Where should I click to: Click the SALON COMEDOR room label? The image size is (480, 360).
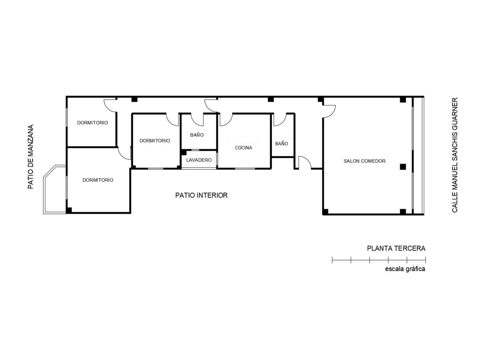tap(364, 161)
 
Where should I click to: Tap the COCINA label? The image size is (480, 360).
tap(243, 148)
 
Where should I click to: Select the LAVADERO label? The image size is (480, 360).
tap(199, 160)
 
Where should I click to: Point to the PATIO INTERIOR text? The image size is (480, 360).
tap(201, 195)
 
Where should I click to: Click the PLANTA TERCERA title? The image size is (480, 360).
tap(396, 249)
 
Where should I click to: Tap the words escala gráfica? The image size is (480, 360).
tap(405, 269)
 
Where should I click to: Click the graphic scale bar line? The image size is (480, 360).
tap(379, 260)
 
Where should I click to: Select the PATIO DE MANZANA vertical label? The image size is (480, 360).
tap(31, 157)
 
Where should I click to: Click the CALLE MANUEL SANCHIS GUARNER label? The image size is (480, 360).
tap(454, 155)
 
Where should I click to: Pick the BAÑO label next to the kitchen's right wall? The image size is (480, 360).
tap(282, 144)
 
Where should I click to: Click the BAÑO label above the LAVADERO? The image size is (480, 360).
tap(197, 135)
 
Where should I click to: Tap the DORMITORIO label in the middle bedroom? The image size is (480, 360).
tap(154, 141)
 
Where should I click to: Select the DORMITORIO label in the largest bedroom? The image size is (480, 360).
tap(98, 180)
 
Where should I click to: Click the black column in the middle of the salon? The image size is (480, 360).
tap(403, 167)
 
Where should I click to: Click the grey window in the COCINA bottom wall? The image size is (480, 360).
tap(245, 168)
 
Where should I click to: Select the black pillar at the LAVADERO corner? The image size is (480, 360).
tap(184, 152)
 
